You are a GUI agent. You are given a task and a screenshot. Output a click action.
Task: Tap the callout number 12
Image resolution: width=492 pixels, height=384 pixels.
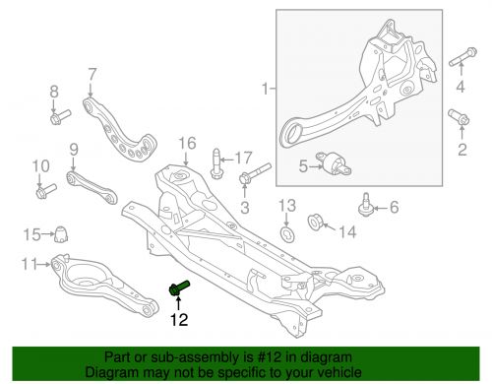[178, 318]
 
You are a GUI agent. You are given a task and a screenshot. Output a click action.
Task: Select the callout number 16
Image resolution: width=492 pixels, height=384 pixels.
[187, 145]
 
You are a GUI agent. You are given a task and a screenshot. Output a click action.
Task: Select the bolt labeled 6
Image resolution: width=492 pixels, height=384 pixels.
[367, 208]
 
